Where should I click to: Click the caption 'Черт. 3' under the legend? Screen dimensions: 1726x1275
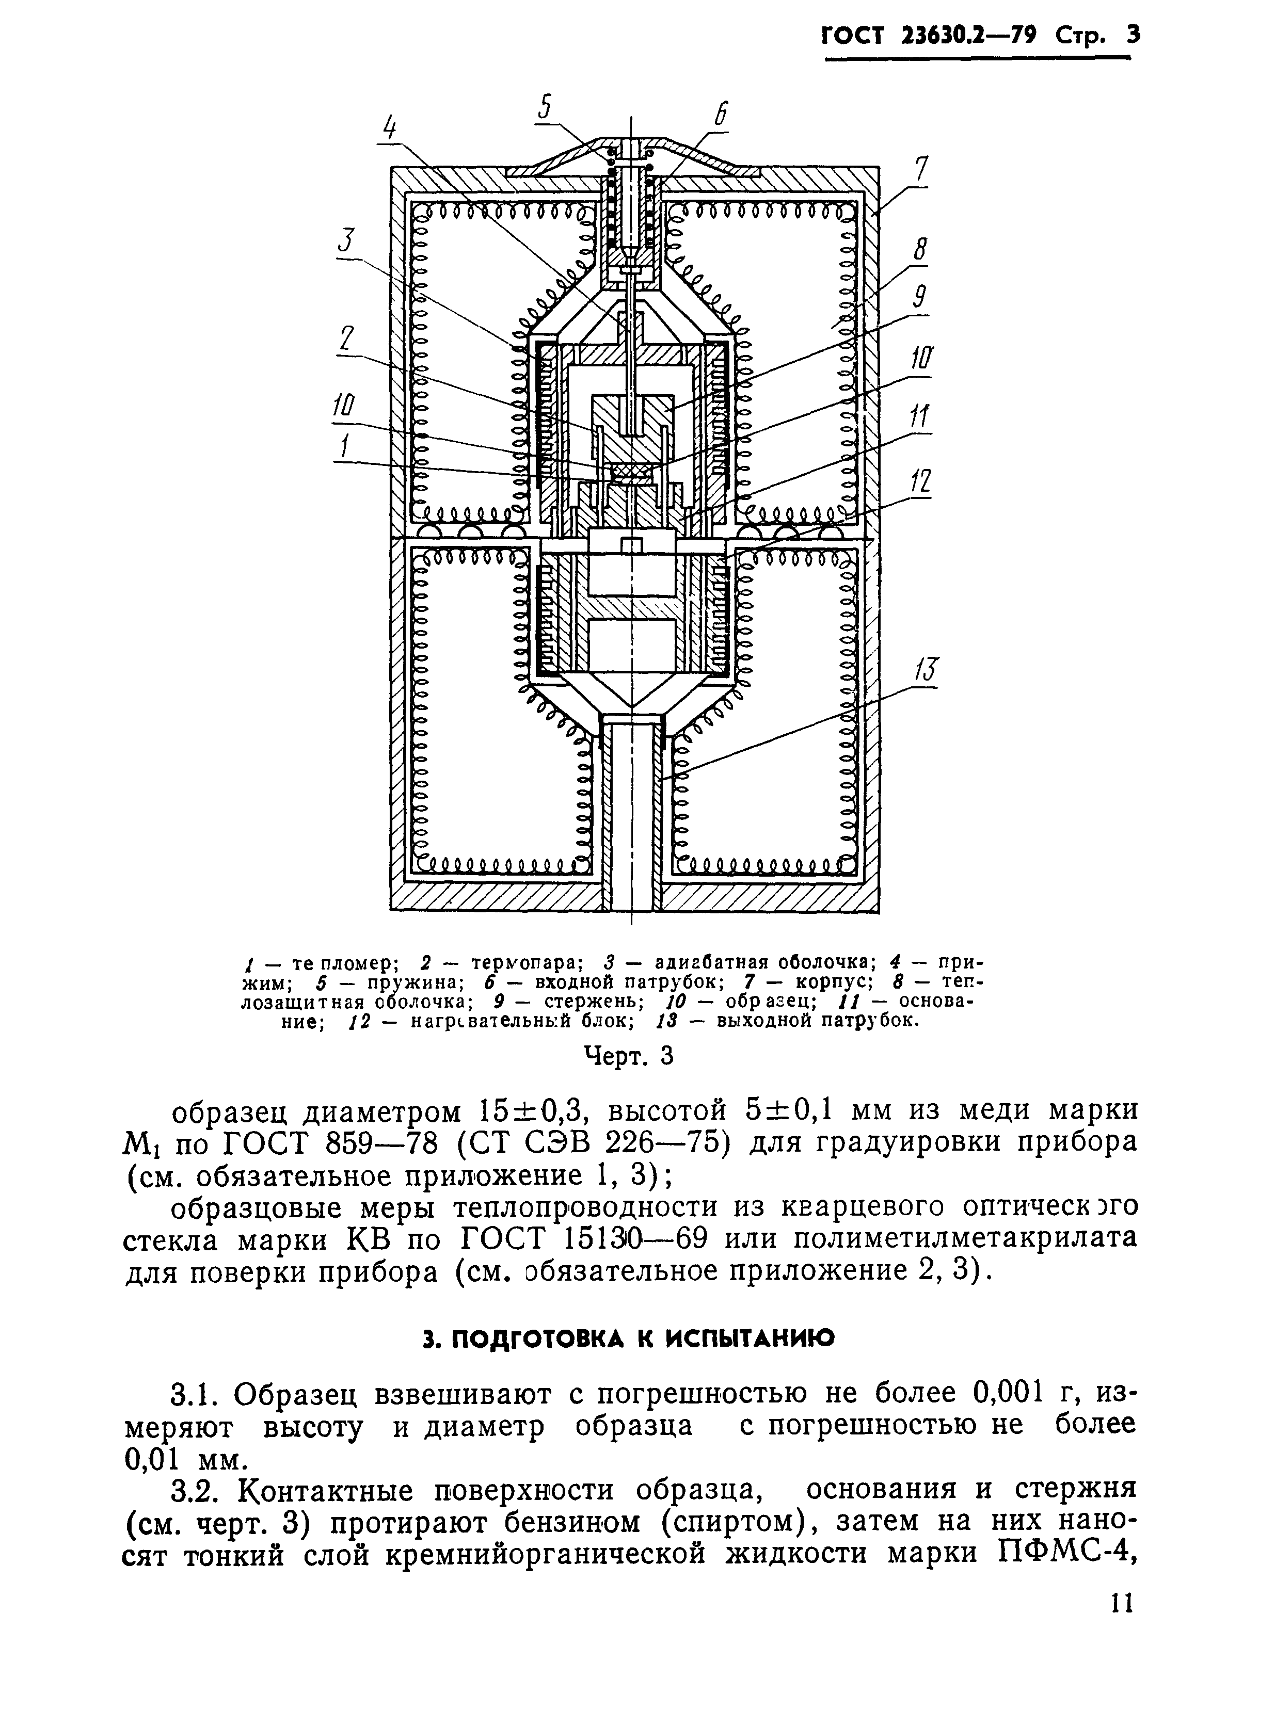click(628, 1055)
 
